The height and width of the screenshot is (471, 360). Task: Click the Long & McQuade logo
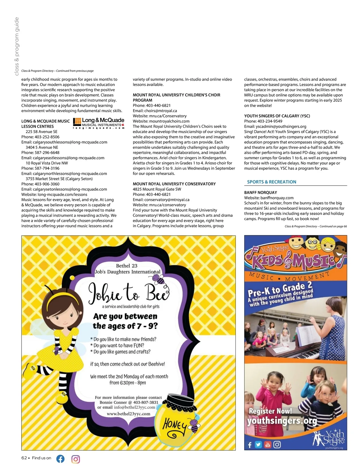tap(99, 123)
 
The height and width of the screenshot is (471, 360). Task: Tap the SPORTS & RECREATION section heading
tap(271, 182)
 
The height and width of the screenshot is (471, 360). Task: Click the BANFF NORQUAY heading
tap(260, 192)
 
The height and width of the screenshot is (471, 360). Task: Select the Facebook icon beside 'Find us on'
tap(60, 459)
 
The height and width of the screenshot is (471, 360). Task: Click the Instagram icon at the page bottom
tap(76, 459)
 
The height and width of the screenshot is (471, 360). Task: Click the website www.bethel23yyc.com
tap(128, 414)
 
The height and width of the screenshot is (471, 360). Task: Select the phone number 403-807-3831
tap(145, 402)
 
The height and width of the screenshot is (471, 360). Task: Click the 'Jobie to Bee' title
tap(128, 292)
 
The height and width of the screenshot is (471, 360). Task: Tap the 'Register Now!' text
tap(270, 411)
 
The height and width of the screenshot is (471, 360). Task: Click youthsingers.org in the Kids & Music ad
tap(282, 421)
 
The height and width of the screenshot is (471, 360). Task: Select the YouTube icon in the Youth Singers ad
tap(268, 444)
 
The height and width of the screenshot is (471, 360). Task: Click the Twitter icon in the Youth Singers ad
tap(258, 444)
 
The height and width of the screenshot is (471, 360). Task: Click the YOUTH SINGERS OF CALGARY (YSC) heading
tap(277, 116)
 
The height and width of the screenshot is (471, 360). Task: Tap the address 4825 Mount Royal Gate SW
tap(157, 189)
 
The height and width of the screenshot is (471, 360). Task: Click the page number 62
tap(24, 458)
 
